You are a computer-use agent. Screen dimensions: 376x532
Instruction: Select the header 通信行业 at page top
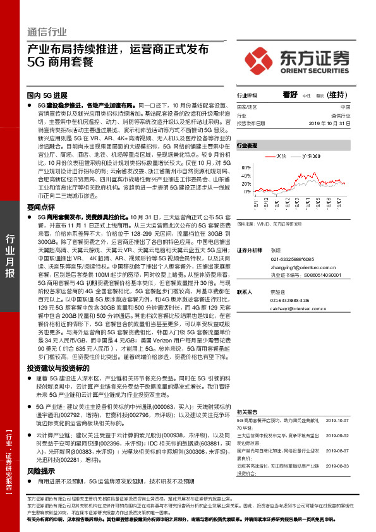(x=47, y=32)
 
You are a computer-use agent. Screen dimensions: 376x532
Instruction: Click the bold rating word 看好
(x=290, y=94)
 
